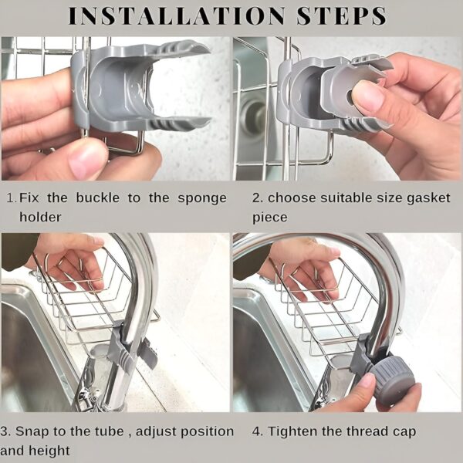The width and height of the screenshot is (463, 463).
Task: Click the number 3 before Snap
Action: pos(5,431)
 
